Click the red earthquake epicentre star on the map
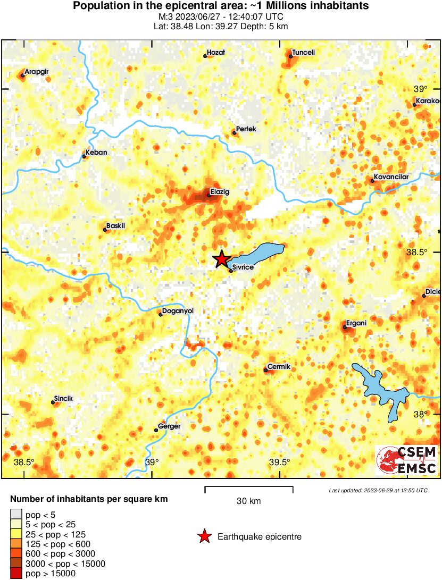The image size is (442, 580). [221, 259]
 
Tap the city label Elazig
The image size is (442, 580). [220, 192]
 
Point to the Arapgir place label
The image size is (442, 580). [37, 71]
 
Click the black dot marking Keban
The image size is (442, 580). [84, 156]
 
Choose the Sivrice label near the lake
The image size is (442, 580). [243, 267]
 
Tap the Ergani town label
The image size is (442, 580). [356, 323]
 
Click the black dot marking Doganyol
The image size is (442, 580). [161, 314]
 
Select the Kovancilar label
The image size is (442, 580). [391, 176]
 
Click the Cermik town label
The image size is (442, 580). [278, 367]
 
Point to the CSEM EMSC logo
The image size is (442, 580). [407, 460]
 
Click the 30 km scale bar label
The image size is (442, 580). [248, 501]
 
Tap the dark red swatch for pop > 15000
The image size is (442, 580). [16, 573]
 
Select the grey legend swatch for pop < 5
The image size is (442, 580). [16, 514]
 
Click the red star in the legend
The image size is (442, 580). [204, 537]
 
